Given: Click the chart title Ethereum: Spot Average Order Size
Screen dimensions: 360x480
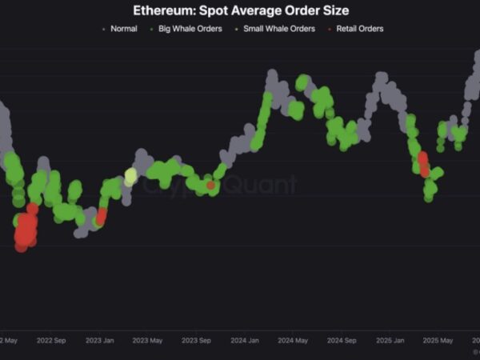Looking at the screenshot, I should click(x=240, y=11).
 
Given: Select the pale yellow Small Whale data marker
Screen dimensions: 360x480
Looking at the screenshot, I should click(x=131, y=176).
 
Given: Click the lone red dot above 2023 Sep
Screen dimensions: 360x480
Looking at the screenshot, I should click(x=210, y=186).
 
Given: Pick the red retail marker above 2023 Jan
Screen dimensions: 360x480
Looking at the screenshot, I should click(x=102, y=216).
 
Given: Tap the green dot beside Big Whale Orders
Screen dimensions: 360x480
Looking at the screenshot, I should click(x=152, y=29).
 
